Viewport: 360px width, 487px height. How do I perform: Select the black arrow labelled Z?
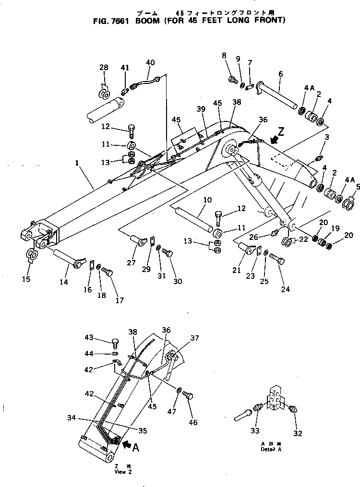pos(275,140)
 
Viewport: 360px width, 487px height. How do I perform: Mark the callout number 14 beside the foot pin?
pos(63,282)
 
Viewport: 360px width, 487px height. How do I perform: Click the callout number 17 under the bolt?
pos(119,300)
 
